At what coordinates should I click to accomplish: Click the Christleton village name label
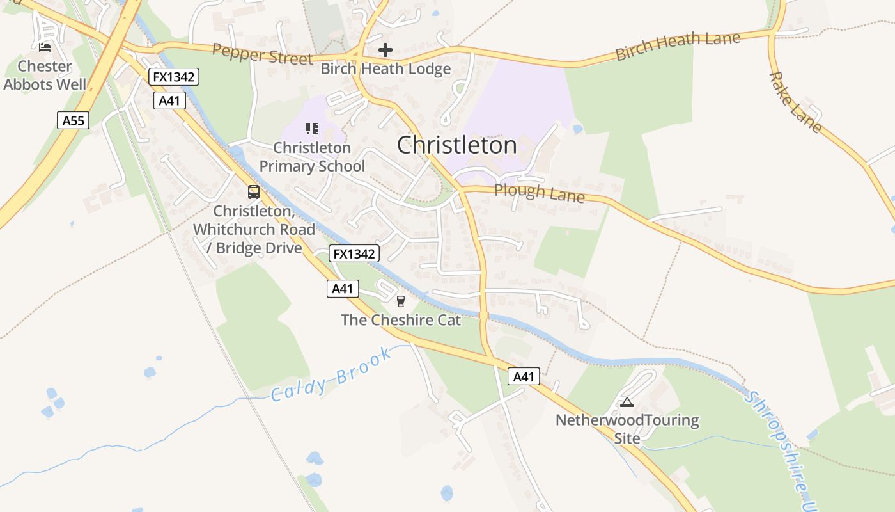point(456,145)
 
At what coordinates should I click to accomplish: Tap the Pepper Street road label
point(262,54)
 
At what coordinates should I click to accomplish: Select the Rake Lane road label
point(795,102)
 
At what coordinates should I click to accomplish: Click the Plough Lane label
point(539,192)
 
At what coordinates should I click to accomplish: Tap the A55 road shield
point(73,120)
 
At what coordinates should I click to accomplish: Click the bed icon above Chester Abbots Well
point(44,47)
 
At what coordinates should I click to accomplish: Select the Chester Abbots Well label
point(45,75)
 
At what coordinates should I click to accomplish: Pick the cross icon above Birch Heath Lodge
point(385,49)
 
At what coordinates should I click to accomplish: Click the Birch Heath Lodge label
point(385,69)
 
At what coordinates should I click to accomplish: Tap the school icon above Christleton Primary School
point(311,129)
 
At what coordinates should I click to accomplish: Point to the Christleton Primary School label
point(312,157)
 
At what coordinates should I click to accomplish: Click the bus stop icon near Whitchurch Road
point(254,191)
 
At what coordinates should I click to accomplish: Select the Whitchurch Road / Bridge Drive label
point(254,229)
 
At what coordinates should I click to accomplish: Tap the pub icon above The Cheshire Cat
point(401,301)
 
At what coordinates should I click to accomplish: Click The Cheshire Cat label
point(401,320)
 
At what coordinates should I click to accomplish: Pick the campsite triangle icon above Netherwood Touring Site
point(626,402)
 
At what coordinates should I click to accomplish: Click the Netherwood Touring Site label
point(626,429)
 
